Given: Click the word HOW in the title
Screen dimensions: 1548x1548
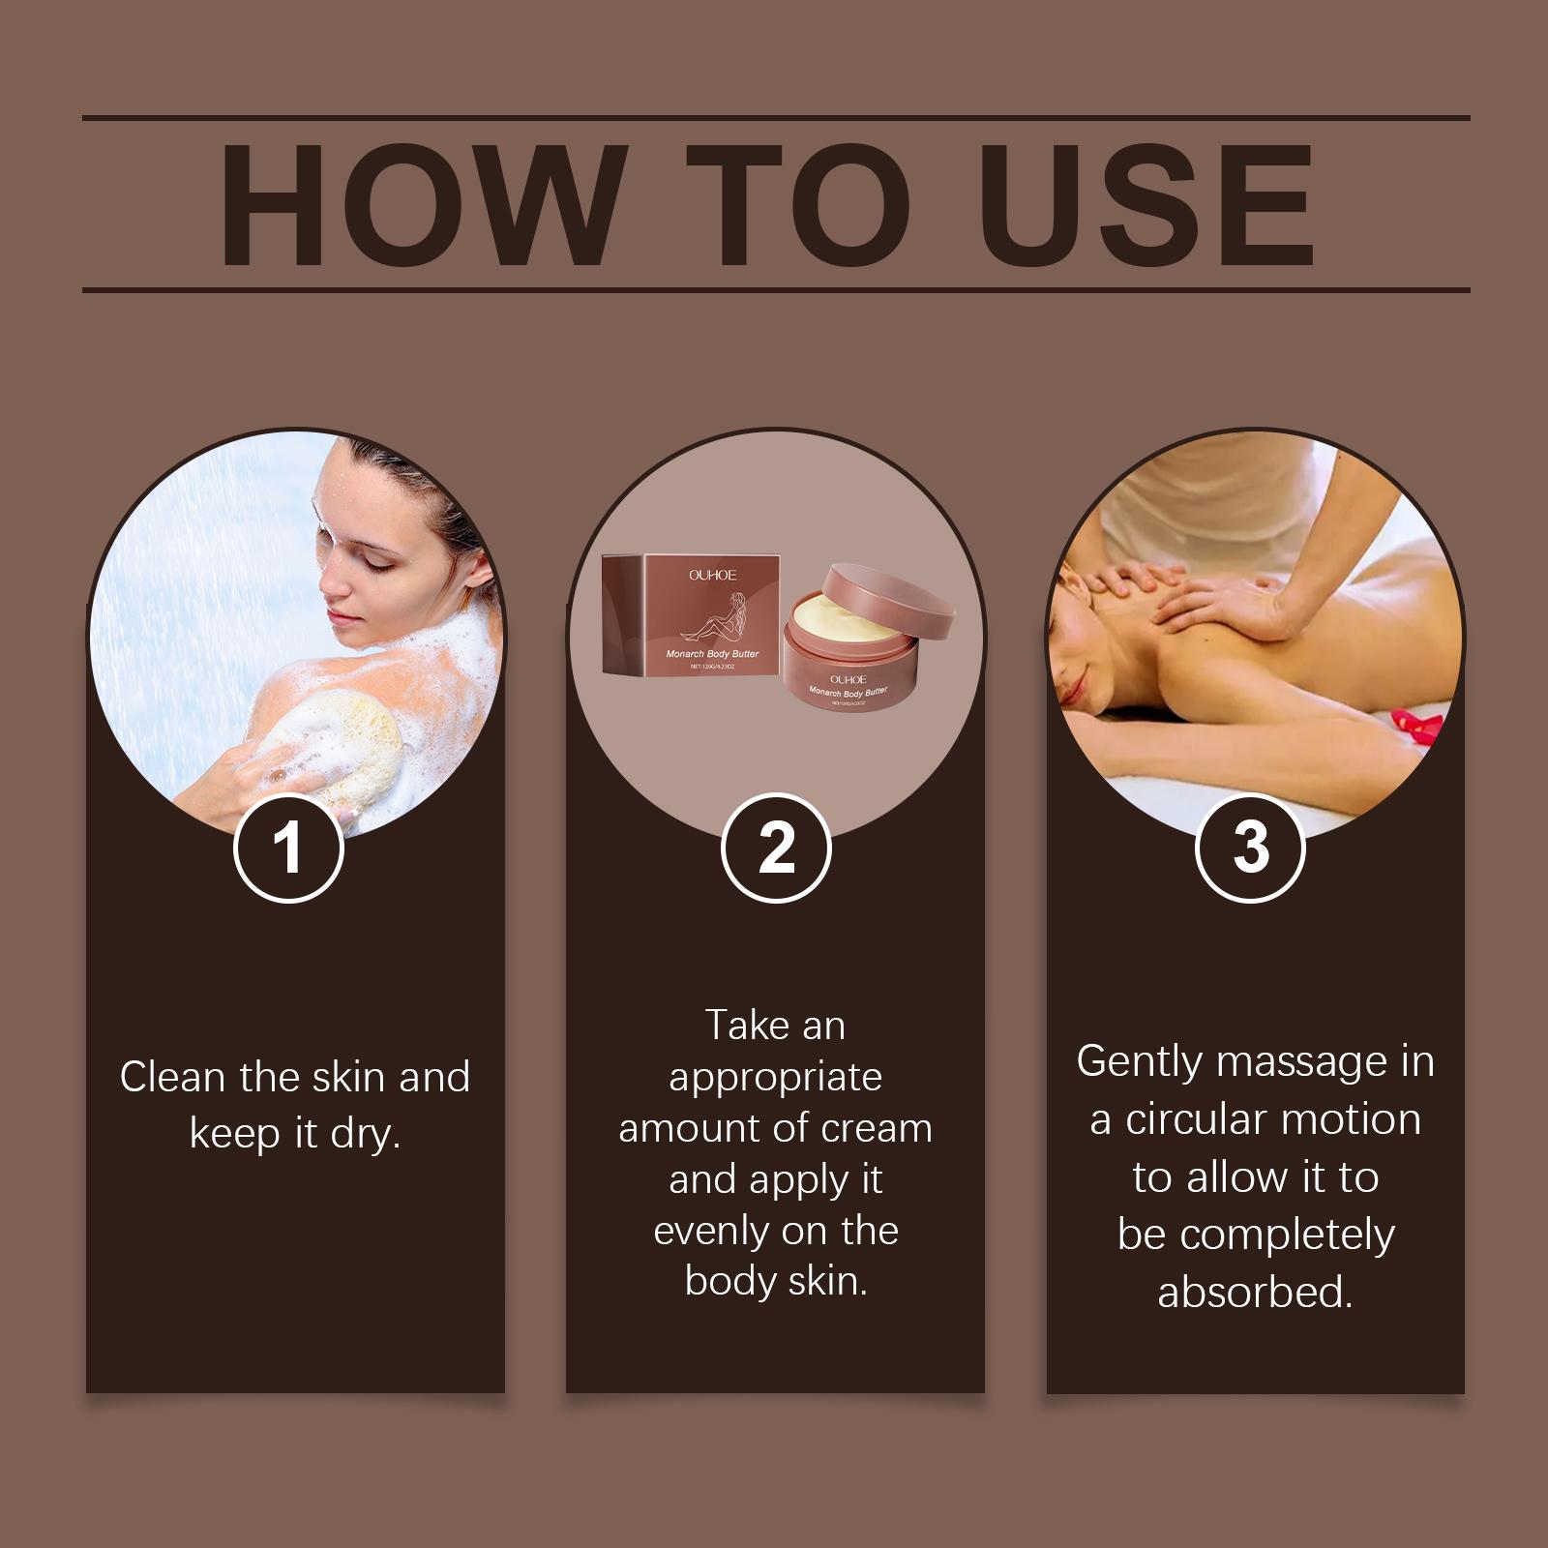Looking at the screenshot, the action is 419,205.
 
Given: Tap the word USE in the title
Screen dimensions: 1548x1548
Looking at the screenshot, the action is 1147,205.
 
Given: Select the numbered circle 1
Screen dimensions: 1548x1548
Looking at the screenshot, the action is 288,848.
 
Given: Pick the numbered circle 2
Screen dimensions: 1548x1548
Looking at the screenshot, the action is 776,848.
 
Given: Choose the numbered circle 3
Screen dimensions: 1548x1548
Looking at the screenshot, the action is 1251,848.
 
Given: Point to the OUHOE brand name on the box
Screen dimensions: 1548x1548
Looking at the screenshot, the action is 713,575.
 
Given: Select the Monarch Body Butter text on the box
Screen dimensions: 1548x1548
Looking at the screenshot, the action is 712,654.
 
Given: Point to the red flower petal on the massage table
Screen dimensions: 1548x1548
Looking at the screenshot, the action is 1417,722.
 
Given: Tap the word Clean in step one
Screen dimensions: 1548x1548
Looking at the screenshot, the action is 172,1077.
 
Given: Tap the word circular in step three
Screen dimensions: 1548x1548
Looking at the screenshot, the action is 1193,1120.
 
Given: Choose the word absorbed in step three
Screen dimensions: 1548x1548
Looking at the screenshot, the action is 1255,1293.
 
